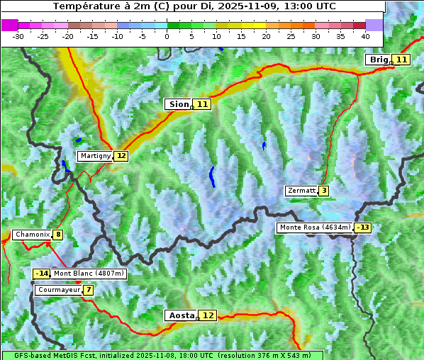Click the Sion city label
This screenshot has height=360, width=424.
178,104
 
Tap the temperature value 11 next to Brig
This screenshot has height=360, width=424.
401,60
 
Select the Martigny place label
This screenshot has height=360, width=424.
95,156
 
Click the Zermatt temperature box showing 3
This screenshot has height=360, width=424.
323,191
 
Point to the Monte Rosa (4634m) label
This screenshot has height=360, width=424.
315,227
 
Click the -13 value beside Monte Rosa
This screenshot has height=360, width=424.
363,227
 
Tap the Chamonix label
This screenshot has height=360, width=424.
32,235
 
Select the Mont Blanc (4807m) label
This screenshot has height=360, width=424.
89,274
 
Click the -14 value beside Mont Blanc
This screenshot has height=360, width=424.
42,274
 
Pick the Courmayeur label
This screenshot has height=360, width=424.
58,290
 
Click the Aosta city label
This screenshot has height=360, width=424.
180,315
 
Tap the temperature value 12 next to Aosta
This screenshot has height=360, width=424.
208,315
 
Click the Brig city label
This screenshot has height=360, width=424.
379,60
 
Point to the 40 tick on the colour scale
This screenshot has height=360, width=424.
365,35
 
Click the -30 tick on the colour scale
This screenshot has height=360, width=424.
18,35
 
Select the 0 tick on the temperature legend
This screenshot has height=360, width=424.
167,35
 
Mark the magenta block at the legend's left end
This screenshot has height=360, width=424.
9,25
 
